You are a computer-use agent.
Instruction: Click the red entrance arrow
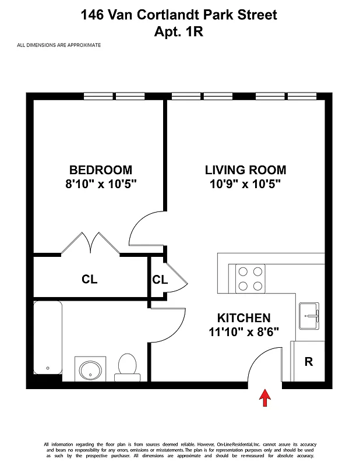click(x=265, y=398)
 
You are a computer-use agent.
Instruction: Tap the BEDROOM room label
click(x=101, y=170)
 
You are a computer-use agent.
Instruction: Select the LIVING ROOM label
click(x=245, y=170)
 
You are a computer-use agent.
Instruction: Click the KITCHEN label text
click(x=243, y=318)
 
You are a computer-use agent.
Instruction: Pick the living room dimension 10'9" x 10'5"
click(x=245, y=185)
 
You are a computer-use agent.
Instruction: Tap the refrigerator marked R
click(x=308, y=362)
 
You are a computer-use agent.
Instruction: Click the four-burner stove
click(x=250, y=278)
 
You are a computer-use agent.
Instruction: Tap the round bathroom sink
click(x=90, y=369)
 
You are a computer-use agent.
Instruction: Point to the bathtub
click(x=47, y=338)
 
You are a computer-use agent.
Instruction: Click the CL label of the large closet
click(x=89, y=280)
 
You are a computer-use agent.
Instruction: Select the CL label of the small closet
click(x=160, y=280)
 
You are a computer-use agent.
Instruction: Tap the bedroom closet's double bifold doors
click(x=90, y=243)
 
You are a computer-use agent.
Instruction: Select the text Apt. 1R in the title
click(x=179, y=31)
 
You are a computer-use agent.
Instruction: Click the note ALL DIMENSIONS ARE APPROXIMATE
click(x=59, y=45)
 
